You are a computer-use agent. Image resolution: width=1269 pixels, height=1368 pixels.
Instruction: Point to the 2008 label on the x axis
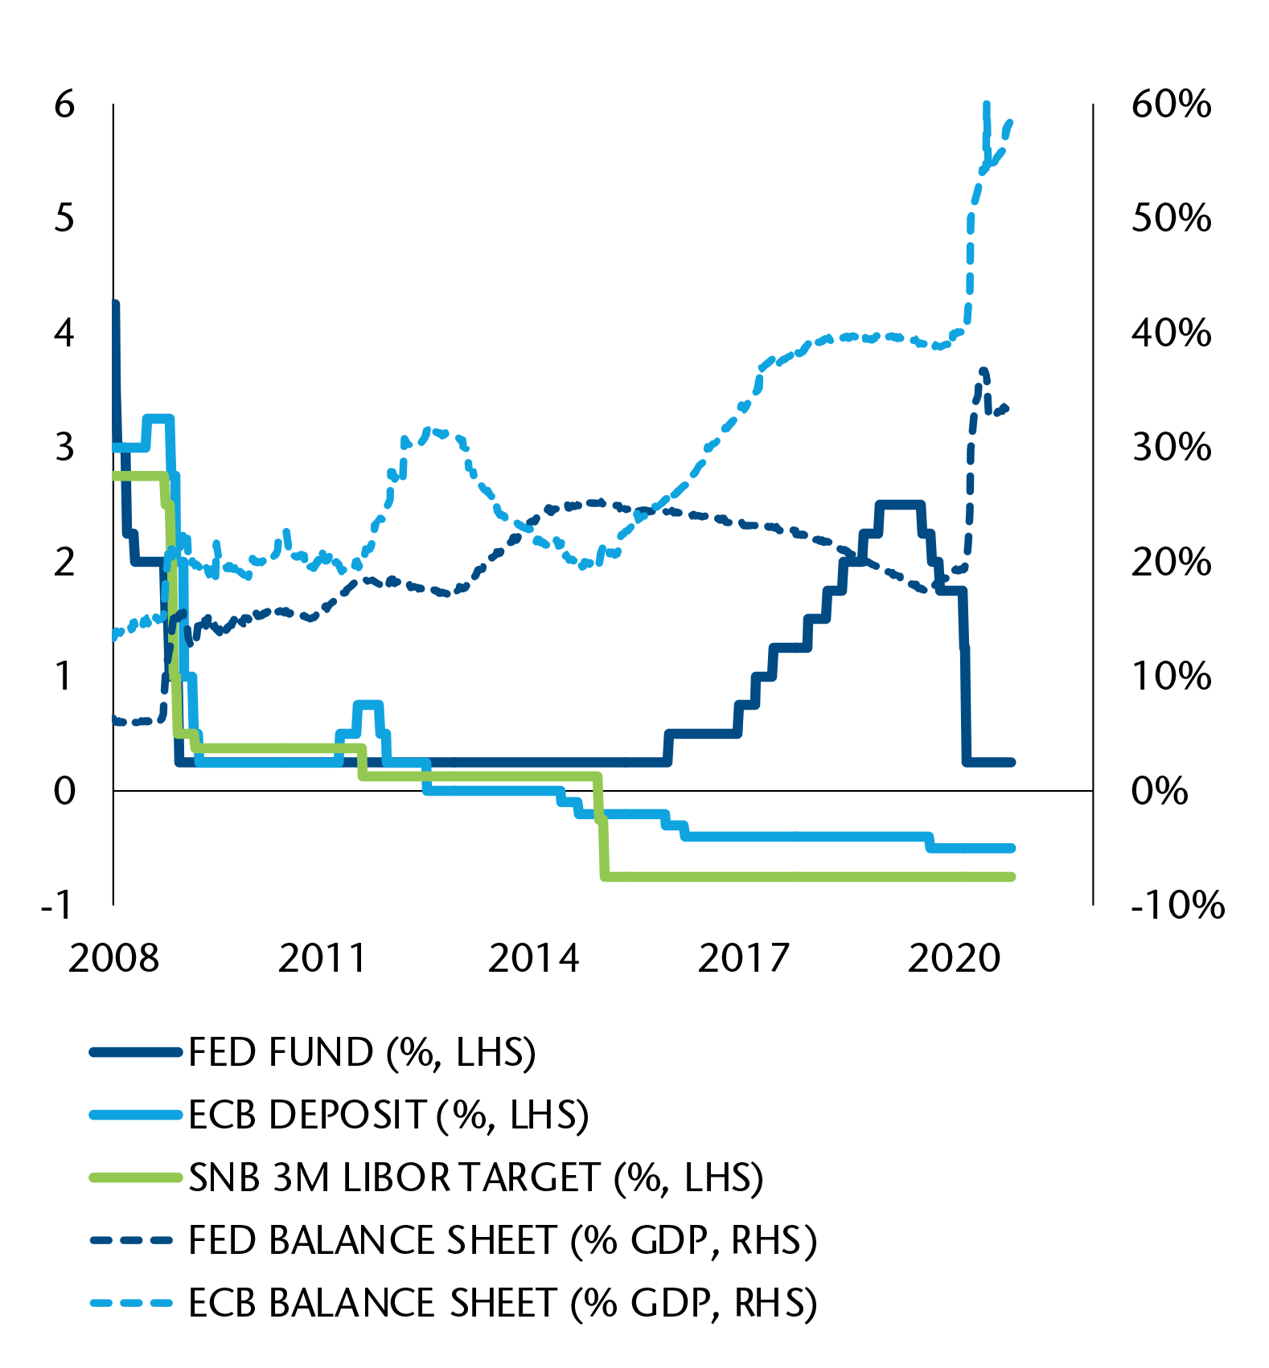113,958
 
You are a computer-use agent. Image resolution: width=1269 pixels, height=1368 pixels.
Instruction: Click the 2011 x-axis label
322,958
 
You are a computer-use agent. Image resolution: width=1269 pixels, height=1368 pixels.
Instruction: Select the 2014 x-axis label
533,958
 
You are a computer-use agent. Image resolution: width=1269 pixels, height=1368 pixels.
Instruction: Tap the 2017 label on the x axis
743,958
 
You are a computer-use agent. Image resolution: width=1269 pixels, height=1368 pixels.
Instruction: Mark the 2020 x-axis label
954,958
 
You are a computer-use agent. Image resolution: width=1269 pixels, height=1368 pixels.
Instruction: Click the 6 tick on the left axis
64,104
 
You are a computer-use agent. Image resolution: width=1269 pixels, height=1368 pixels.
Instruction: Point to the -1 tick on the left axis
58,905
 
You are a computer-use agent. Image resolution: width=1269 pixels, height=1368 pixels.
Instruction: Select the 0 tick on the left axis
64,791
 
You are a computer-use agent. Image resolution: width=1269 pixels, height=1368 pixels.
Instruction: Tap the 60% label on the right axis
1171,104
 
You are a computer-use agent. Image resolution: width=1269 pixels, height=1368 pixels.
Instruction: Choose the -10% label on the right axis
1177,905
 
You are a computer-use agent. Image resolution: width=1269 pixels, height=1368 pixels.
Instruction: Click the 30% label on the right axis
1171,448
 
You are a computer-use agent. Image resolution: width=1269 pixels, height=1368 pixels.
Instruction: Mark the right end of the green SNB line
1012,876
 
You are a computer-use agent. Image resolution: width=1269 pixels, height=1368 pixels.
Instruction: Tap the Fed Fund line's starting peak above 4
115,305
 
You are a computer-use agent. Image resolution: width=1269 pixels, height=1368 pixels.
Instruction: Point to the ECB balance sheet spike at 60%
987,105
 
